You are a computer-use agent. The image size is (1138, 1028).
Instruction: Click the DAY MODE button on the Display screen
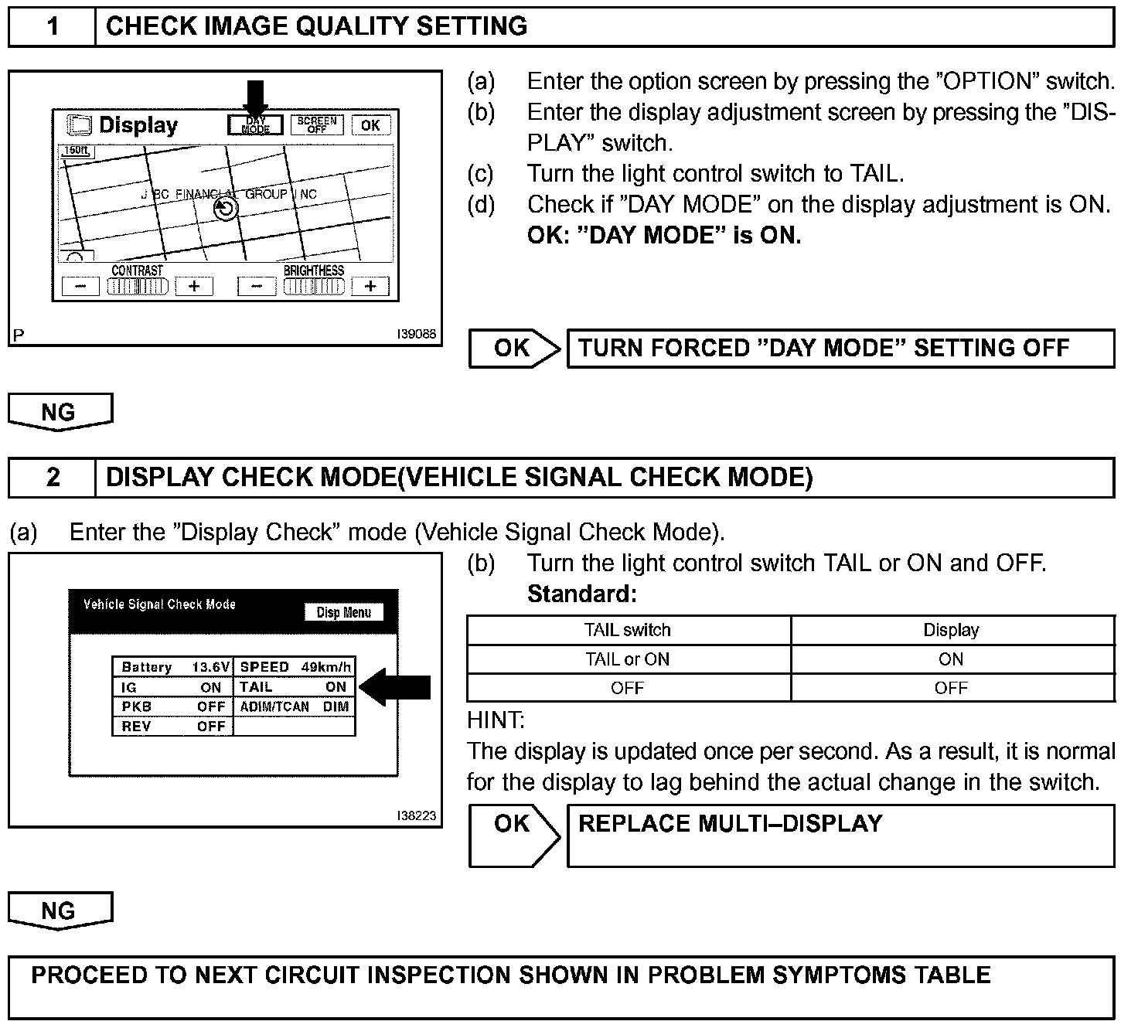tap(255, 124)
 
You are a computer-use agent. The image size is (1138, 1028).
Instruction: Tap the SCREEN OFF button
tap(317, 124)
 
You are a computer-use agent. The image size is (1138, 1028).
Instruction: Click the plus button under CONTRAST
tap(194, 287)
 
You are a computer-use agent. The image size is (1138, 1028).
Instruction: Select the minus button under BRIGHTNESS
tap(257, 287)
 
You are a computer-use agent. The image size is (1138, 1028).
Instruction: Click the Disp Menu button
tap(344, 612)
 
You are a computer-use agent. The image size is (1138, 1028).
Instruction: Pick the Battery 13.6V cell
tap(173, 667)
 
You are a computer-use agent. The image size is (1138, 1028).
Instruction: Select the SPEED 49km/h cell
tap(295, 667)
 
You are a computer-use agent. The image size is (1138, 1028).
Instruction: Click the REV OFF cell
tap(173, 727)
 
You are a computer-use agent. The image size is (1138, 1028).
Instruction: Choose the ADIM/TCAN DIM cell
tap(295, 706)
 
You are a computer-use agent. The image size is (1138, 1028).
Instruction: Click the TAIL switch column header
tap(628, 630)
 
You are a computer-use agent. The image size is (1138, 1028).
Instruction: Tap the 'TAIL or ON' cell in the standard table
tap(628, 659)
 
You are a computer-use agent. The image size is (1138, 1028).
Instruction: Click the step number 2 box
tap(53, 477)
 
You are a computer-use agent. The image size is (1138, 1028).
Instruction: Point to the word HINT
tap(496, 720)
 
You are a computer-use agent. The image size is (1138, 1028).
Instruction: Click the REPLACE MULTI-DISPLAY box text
tap(730, 824)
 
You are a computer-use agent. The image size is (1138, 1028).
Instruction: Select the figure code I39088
tap(416, 335)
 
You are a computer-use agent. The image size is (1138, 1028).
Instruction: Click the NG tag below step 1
tap(60, 412)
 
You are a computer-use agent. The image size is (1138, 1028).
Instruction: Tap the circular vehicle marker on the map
tap(225, 209)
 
